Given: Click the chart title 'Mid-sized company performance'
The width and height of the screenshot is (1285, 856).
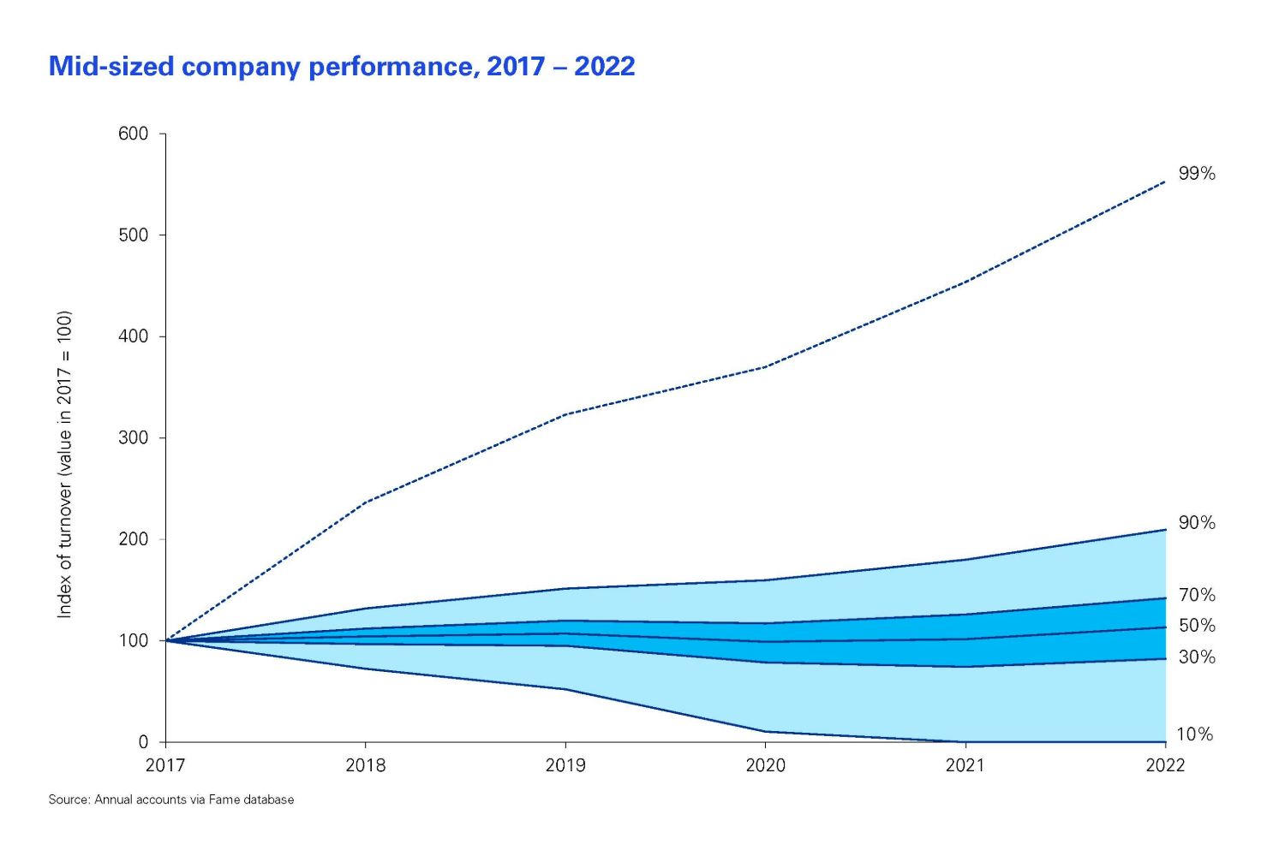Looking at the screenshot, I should (x=342, y=67).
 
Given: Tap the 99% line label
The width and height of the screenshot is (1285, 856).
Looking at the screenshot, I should (x=1197, y=174).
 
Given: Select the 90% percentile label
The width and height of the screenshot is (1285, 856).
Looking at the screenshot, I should (x=1197, y=523).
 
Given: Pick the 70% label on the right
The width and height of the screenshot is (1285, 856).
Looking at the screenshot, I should (x=1197, y=595).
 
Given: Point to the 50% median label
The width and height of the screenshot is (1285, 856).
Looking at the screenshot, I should (x=1197, y=626).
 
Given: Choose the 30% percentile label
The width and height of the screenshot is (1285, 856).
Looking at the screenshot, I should (x=1197, y=657).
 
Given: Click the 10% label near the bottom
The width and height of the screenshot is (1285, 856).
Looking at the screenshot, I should (x=1195, y=734).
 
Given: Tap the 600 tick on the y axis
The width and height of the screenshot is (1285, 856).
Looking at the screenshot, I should (x=133, y=134).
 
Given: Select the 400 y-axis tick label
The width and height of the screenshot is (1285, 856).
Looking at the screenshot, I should (x=133, y=336).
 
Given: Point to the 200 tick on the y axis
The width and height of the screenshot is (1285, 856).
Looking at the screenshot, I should (x=133, y=539).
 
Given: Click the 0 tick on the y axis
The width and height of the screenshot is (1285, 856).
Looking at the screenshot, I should (x=143, y=742).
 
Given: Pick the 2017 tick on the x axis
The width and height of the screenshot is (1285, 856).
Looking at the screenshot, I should (x=165, y=764).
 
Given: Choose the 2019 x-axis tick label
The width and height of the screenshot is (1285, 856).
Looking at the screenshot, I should (x=565, y=764).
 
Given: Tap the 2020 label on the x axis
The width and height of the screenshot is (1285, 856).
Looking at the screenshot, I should (x=766, y=764).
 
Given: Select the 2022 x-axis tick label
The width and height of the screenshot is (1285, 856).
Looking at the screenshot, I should (x=1165, y=764).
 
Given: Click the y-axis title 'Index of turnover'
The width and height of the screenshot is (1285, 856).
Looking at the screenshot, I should (x=65, y=464).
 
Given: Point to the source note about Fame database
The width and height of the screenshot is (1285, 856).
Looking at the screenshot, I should (x=171, y=800).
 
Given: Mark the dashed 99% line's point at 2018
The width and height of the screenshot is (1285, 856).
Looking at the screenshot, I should (x=366, y=502).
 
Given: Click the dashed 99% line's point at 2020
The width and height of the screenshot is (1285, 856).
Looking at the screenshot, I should (x=766, y=367).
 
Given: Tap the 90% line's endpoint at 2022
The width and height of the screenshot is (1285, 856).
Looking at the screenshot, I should (x=1166, y=530).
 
